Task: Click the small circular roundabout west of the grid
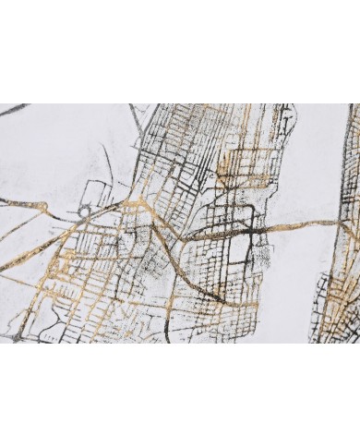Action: pos(84,211)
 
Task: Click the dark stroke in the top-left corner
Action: pos(13,111)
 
